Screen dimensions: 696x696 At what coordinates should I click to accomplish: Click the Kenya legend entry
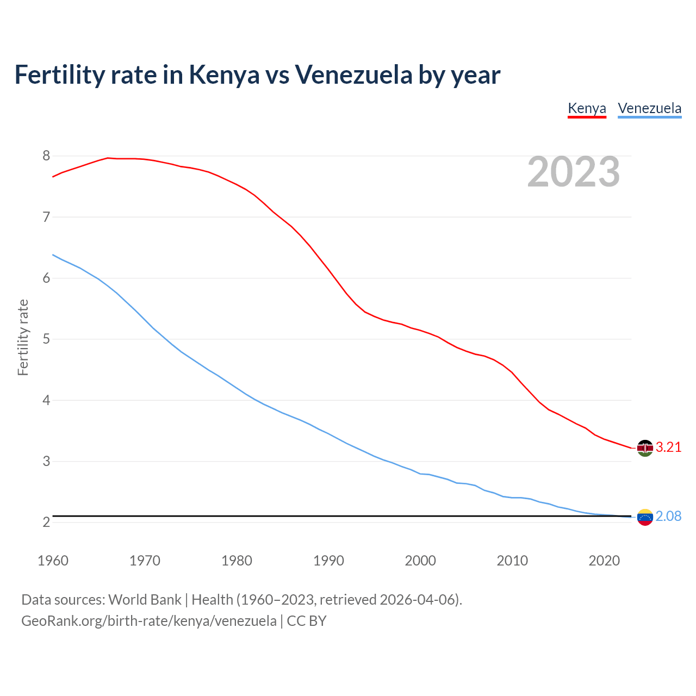[587, 108]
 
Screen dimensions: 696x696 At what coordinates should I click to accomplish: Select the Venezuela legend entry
[649, 108]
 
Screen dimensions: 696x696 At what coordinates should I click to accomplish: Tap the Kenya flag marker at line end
[645, 448]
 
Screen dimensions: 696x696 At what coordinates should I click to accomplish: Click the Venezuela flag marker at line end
[645, 517]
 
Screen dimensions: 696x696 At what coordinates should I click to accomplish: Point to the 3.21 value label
[668, 448]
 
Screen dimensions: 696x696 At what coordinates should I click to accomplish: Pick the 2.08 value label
[668, 517]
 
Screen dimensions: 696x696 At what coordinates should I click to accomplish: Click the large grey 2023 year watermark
[573, 172]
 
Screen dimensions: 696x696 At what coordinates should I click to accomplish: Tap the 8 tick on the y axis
[46, 156]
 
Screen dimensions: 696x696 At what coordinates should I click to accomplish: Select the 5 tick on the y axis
[46, 339]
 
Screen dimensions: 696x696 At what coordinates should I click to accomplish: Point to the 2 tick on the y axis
[46, 523]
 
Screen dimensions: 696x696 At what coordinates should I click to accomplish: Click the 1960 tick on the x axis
[53, 561]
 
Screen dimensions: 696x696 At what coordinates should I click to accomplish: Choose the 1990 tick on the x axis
[328, 561]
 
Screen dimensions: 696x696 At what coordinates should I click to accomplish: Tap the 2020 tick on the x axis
[604, 561]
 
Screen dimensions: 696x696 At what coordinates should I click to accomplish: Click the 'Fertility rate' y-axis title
[23, 337]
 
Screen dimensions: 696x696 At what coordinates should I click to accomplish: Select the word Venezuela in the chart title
[353, 74]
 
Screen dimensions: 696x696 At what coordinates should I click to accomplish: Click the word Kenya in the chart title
[224, 74]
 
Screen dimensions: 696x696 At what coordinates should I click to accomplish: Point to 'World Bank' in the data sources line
[145, 600]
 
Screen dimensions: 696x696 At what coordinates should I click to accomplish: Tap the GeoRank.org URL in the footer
[148, 621]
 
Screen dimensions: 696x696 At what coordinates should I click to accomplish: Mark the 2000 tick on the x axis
[420, 561]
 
